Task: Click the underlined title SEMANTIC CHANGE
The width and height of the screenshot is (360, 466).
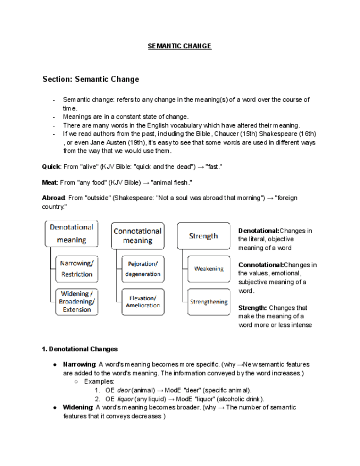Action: pyautogui.click(x=179, y=46)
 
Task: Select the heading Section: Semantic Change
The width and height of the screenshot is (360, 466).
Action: pyautogui.click(x=91, y=79)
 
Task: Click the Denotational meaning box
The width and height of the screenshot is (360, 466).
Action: pyautogui.click(x=71, y=234)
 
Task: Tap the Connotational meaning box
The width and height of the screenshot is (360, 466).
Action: pyautogui.click(x=137, y=236)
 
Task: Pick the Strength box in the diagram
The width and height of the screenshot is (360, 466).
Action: pyautogui.click(x=203, y=236)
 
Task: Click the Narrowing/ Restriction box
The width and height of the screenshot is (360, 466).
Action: pyautogui.click(x=76, y=269)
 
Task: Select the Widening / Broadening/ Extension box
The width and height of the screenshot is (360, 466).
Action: pyautogui.click(x=76, y=301)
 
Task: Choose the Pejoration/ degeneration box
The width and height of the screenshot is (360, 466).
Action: pyautogui.click(x=142, y=269)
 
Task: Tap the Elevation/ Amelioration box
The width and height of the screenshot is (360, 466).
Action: pyautogui.click(x=142, y=301)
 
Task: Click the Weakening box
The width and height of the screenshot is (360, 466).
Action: pyautogui.click(x=208, y=269)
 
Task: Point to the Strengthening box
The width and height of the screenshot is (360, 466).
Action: pyautogui.click(x=208, y=302)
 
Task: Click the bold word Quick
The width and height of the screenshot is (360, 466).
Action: pyautogui.click(x=51, y=167)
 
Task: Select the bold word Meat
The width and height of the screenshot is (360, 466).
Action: pyautogui.click(x=51, y=182)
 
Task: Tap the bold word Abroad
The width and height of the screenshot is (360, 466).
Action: pyautogui.click(x=54, y=198)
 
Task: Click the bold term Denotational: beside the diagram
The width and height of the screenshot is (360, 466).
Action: pyautogui.click(x=259, y=231)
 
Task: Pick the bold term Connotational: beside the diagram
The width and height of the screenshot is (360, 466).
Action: pyautogui.click(x=261, y=265)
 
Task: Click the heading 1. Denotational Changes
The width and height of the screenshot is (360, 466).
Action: pyautogui.click(x=80, y=349)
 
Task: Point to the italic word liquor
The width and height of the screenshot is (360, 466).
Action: pyautogui.click(x=125, y=399)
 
